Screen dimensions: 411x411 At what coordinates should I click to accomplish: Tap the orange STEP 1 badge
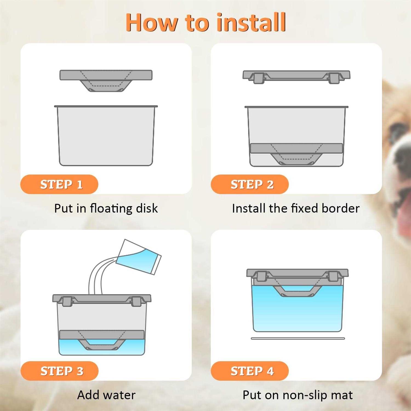59,184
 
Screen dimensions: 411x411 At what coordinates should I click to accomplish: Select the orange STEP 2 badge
250,184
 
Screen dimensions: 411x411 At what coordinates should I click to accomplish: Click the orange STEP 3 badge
59,371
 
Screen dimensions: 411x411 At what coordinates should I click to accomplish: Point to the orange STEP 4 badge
250,371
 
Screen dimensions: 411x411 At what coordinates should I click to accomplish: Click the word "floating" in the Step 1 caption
111,209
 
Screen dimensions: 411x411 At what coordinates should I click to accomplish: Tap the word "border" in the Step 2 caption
341,208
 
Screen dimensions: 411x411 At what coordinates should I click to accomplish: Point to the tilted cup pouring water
138,257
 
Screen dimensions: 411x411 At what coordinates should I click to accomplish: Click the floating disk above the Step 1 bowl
106,80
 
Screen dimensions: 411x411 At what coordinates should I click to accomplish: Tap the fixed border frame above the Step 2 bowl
296,76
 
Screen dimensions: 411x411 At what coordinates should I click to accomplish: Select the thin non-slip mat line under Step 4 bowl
298,338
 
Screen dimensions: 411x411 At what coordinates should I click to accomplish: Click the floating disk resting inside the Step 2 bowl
296,154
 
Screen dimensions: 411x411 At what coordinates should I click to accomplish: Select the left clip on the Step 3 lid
67,301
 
